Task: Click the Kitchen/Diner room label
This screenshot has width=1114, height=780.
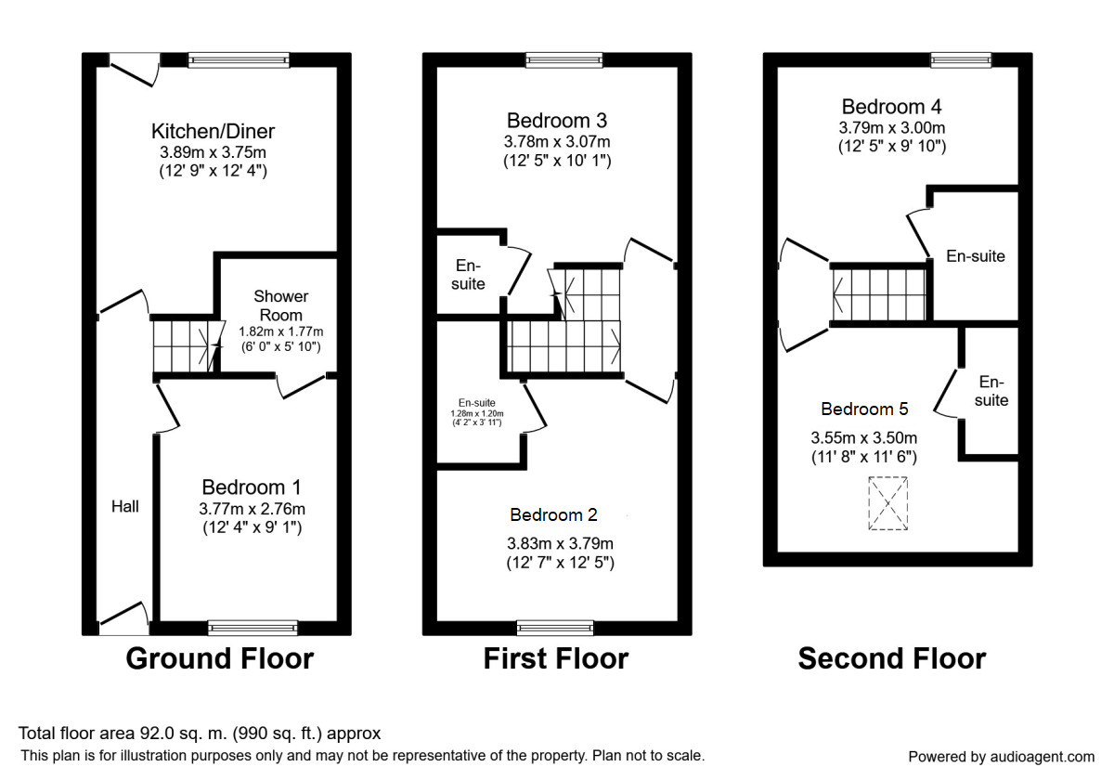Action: tap(214, 131)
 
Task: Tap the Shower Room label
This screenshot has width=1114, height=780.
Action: tap(281, 305)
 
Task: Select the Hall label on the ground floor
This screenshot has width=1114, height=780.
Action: tap(125, 506)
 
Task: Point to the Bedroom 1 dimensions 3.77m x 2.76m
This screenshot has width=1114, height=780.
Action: tap(252, 508)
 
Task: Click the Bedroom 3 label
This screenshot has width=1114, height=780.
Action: tap(557, 121)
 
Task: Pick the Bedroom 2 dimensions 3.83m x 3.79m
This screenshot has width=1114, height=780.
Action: tap(560, 543)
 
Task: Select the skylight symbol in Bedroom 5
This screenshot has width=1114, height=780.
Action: tap(888, 503)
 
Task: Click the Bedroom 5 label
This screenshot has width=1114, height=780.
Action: tap(864, 409)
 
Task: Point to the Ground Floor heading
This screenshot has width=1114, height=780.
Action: tap(219, 658)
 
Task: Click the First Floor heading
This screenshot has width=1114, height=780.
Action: tap(555, 658)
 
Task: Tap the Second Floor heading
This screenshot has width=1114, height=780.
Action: tap(891, 658)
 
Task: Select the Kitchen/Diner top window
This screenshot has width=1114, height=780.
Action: tap(239, 60)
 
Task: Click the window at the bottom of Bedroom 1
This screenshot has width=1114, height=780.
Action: tap(253, 628)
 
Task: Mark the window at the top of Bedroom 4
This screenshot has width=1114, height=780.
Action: tap(960, 60)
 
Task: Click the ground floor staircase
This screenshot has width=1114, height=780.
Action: tap(184, 344)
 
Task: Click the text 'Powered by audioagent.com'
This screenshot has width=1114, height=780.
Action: tap(1001, 756)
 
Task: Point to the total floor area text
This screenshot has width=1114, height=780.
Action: tap(200, 734)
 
